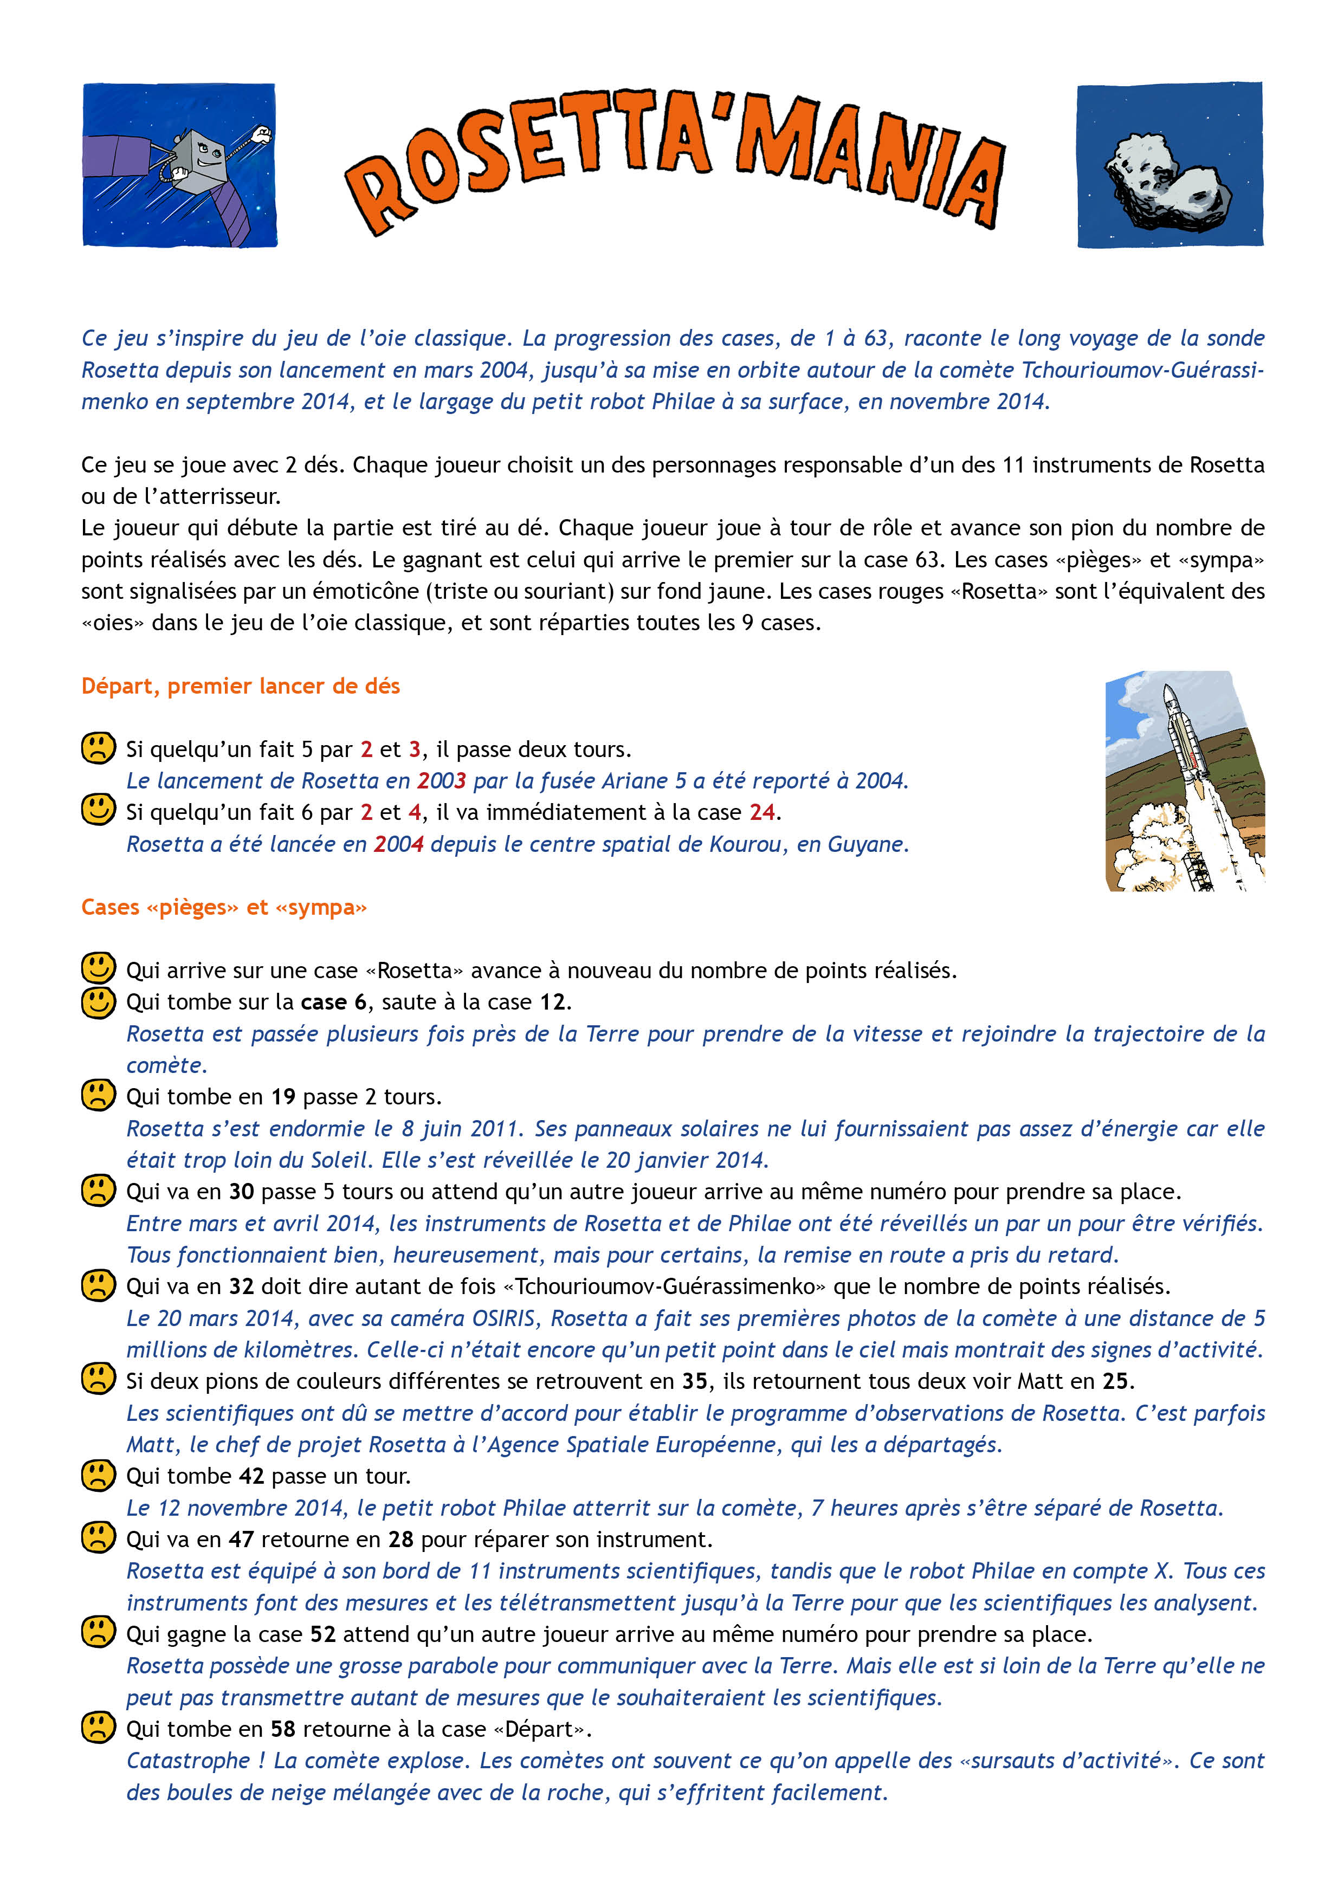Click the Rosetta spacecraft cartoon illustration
180,165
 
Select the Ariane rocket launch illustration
1184,781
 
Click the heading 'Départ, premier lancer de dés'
240,687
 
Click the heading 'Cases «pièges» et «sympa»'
224,908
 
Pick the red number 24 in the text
762,812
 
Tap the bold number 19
283,1097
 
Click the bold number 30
241,1192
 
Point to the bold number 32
241,1286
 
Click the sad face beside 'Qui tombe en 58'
98,1728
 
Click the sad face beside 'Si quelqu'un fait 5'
98,748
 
